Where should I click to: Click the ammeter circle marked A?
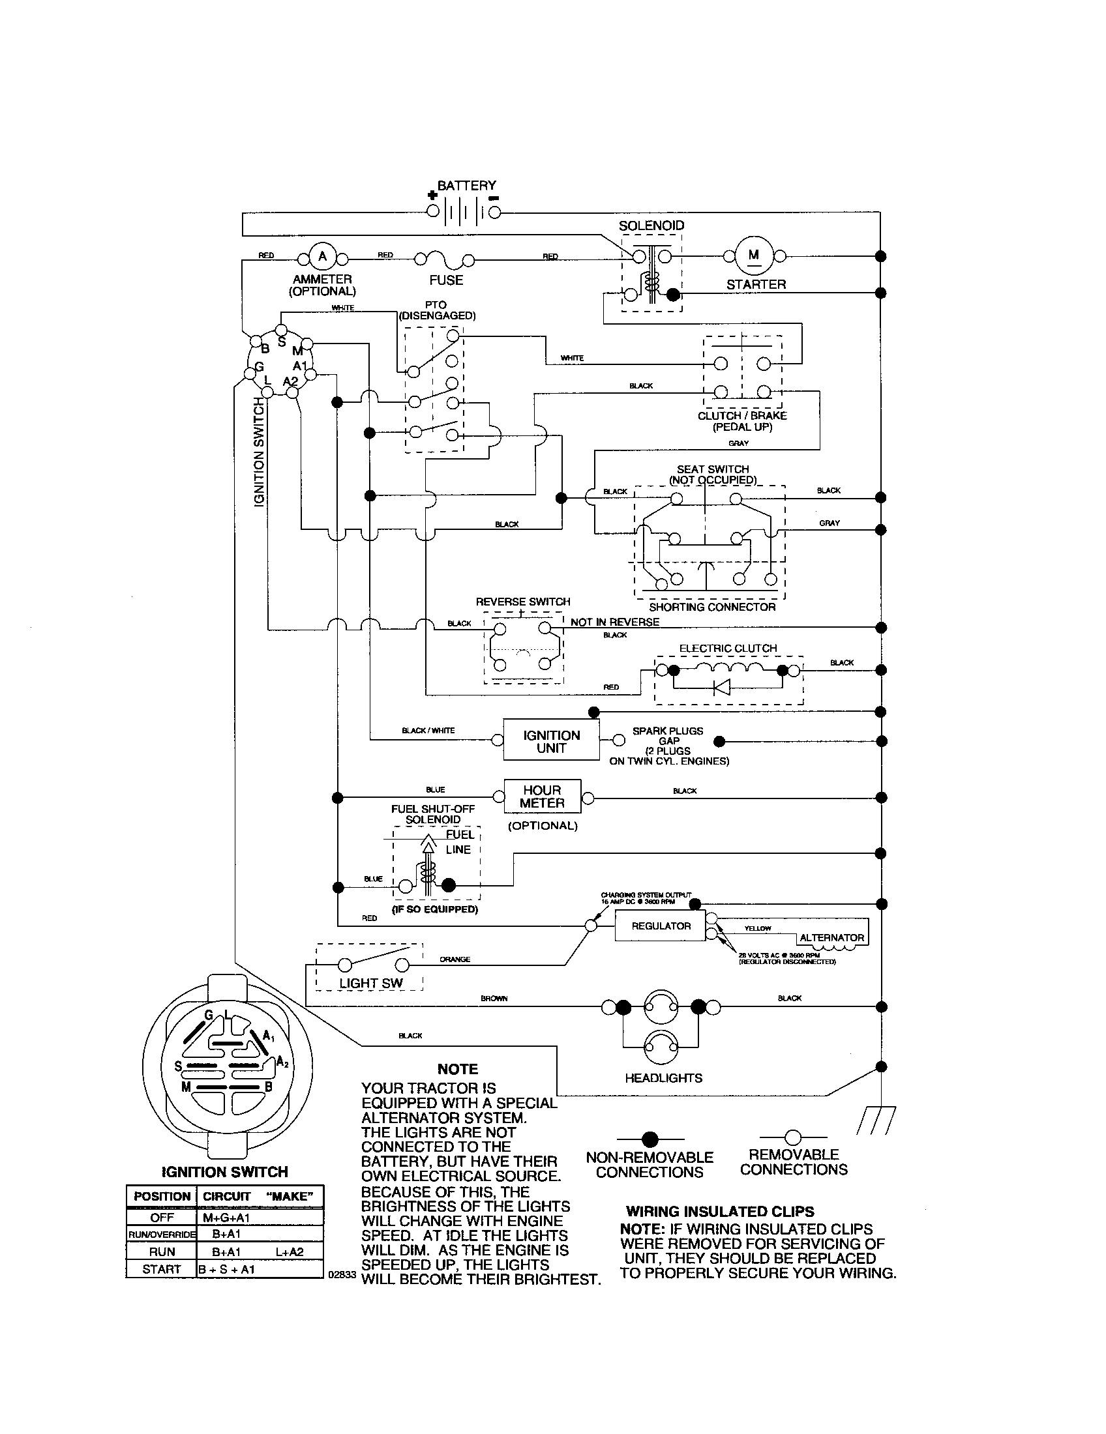pyautogui.click(x=322, y=256)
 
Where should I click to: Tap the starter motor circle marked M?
pyautogui.click(x=753, y=256)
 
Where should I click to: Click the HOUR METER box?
pyautogui.click(x=543, y=797)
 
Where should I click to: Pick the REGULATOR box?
pyautogui.click(x=661, y=926)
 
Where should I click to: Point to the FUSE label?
pyautogui.click(x=446, y=280)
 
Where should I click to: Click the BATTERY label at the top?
pyautogui.click(x=466, y=186)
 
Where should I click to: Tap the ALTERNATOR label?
pyautogui.click(x=831, y=937)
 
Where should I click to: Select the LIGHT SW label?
pyautogui.click(x=370, y=983)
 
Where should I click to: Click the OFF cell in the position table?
pyautogui.click(x=162, y=1218)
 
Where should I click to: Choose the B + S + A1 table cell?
pyautogui.click(x=226, y=1269)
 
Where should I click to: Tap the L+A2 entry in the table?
pyautogui.click(x=290, y=1251)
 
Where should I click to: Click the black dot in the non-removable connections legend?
pyautogui.click(x=650, y=1139)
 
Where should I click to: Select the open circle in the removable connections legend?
pyautogui.click(x=793, y=1137)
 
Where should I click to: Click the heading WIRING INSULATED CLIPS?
pyautogui.click(x=720, y=1212)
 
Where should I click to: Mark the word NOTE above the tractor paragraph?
pyautogui.click(x=458, y=1070)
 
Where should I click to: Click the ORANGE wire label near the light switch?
pyautogui.click(x=455, y=959)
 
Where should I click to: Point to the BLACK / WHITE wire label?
pyautogui.click(x=428, y=730)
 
